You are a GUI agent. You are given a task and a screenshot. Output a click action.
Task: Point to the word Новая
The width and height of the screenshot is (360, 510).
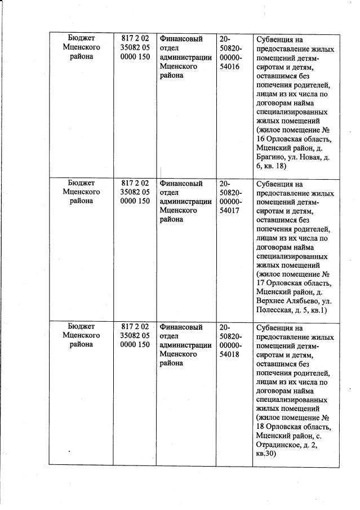tap(311, 158)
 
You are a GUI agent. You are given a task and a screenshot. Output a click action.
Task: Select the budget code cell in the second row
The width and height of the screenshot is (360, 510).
tap(135, 192)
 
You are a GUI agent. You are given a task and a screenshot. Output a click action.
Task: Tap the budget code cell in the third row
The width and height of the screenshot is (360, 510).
tap(135, 336)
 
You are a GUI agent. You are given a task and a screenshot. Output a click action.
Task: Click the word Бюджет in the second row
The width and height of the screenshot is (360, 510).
tap(81, 183)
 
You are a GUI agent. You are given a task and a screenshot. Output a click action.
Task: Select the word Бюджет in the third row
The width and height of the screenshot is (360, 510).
tap(81, 326)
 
